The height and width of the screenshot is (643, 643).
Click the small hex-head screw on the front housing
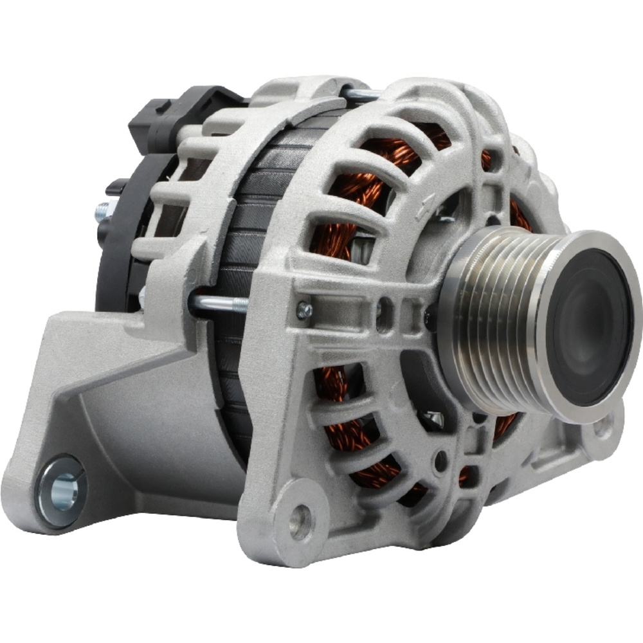point(305,311)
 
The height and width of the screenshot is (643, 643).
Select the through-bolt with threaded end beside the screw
point(219,302)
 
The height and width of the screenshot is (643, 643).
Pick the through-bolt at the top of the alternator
point(364,95)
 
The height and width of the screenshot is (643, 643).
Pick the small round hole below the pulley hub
point(440,460)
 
